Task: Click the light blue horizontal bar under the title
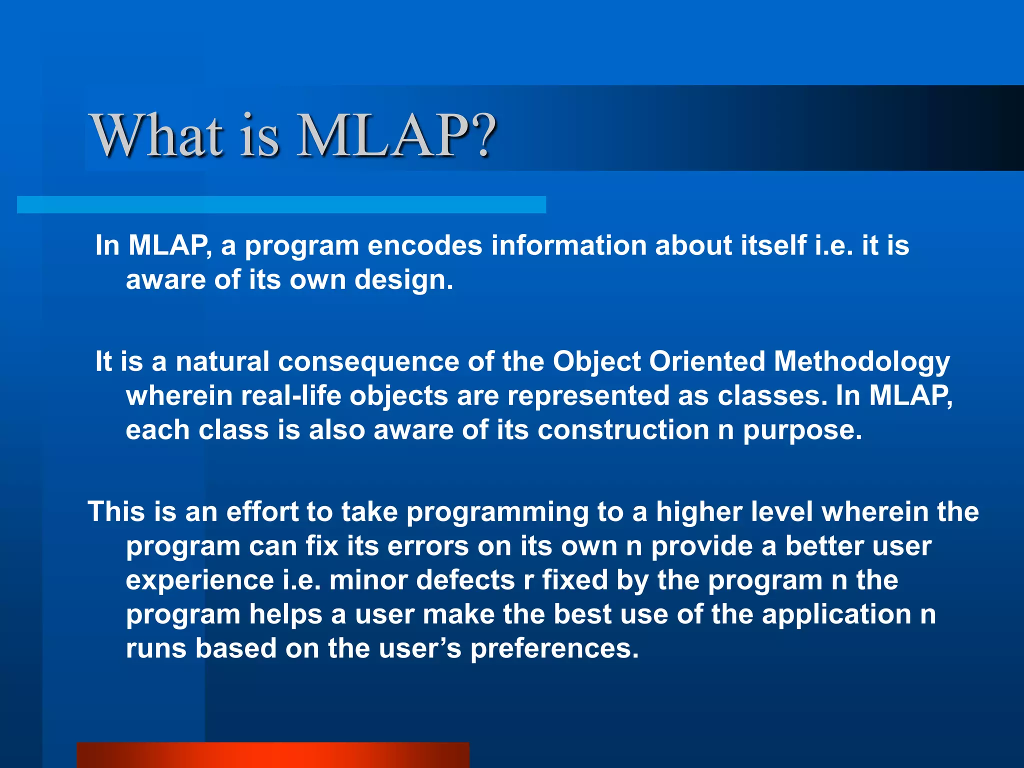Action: (x=281, y=204)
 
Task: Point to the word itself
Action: (x=773, y=245)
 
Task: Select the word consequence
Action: (x=368, y=361)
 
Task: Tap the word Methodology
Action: (x=861, y=362)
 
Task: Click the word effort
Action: (x=262, y=512)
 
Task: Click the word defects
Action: (x=465, y=580)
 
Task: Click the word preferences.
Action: (x=554, y=648)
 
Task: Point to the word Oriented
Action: (x=707, y=361)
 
